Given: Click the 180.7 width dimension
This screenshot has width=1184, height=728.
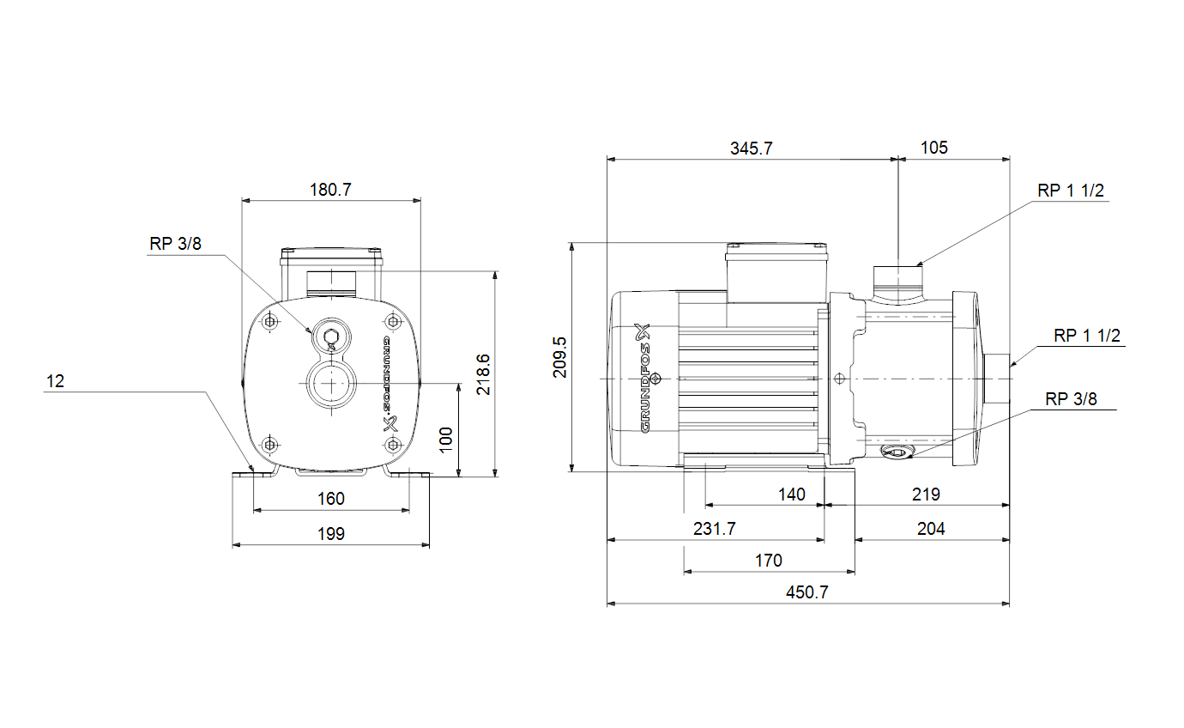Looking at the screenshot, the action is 330,190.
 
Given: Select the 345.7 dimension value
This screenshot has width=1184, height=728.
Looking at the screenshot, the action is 751,149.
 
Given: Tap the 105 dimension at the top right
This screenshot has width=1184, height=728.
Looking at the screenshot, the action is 934,148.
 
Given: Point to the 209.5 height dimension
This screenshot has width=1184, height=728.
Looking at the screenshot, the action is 559,357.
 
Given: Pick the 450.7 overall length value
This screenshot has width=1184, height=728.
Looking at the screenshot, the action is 806,592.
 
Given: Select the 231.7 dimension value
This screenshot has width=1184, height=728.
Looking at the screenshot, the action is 714,529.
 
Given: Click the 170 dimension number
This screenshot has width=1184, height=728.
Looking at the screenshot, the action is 768,561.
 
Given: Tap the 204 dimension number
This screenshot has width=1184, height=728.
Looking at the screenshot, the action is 931,529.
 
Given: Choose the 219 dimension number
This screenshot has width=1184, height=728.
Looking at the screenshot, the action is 926,494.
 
